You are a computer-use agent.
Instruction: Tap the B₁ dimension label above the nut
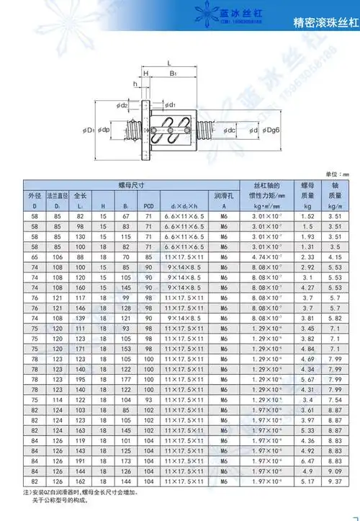click(x=173, y=74)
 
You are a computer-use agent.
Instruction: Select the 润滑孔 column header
click(x=224, y=196)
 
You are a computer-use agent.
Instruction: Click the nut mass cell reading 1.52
click(x=306, y=216)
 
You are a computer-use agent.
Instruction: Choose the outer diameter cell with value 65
click(x=34, y=257)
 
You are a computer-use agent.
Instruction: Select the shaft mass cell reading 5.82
click(x=333, y=318)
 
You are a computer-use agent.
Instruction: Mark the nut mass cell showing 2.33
click(x=306, y=257)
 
